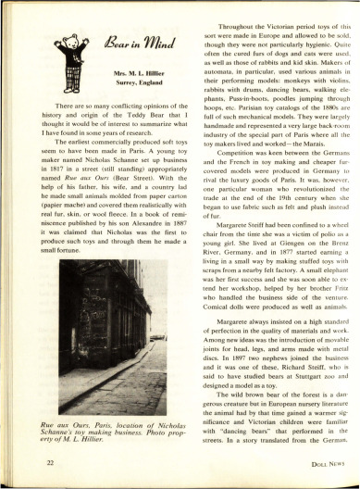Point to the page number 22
coord(28,459)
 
